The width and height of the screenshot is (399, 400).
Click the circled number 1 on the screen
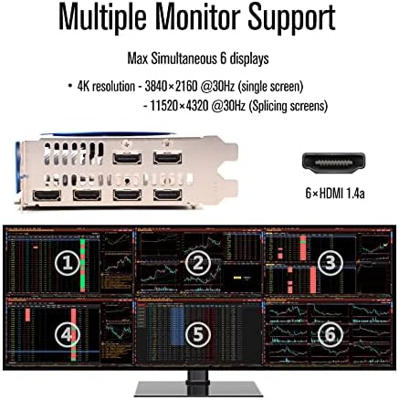coord(65,265)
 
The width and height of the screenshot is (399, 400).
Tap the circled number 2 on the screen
coord(197,264)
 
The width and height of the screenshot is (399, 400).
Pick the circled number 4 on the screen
coord(65,335)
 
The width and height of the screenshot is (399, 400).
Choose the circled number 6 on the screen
coord(331,335)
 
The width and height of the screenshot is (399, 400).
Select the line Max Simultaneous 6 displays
coord(198,59)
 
